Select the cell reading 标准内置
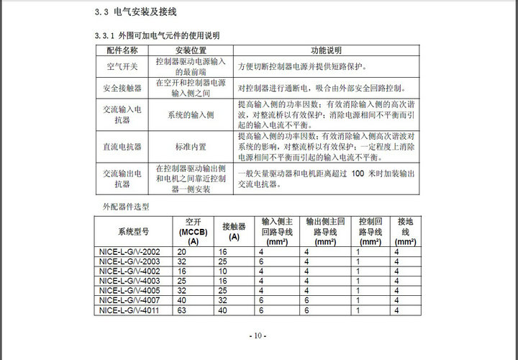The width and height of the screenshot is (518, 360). (x=191, y=146)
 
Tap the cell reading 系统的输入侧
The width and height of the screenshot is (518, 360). (x=191, y=114)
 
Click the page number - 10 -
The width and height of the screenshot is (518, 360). (x=258, y=336)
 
